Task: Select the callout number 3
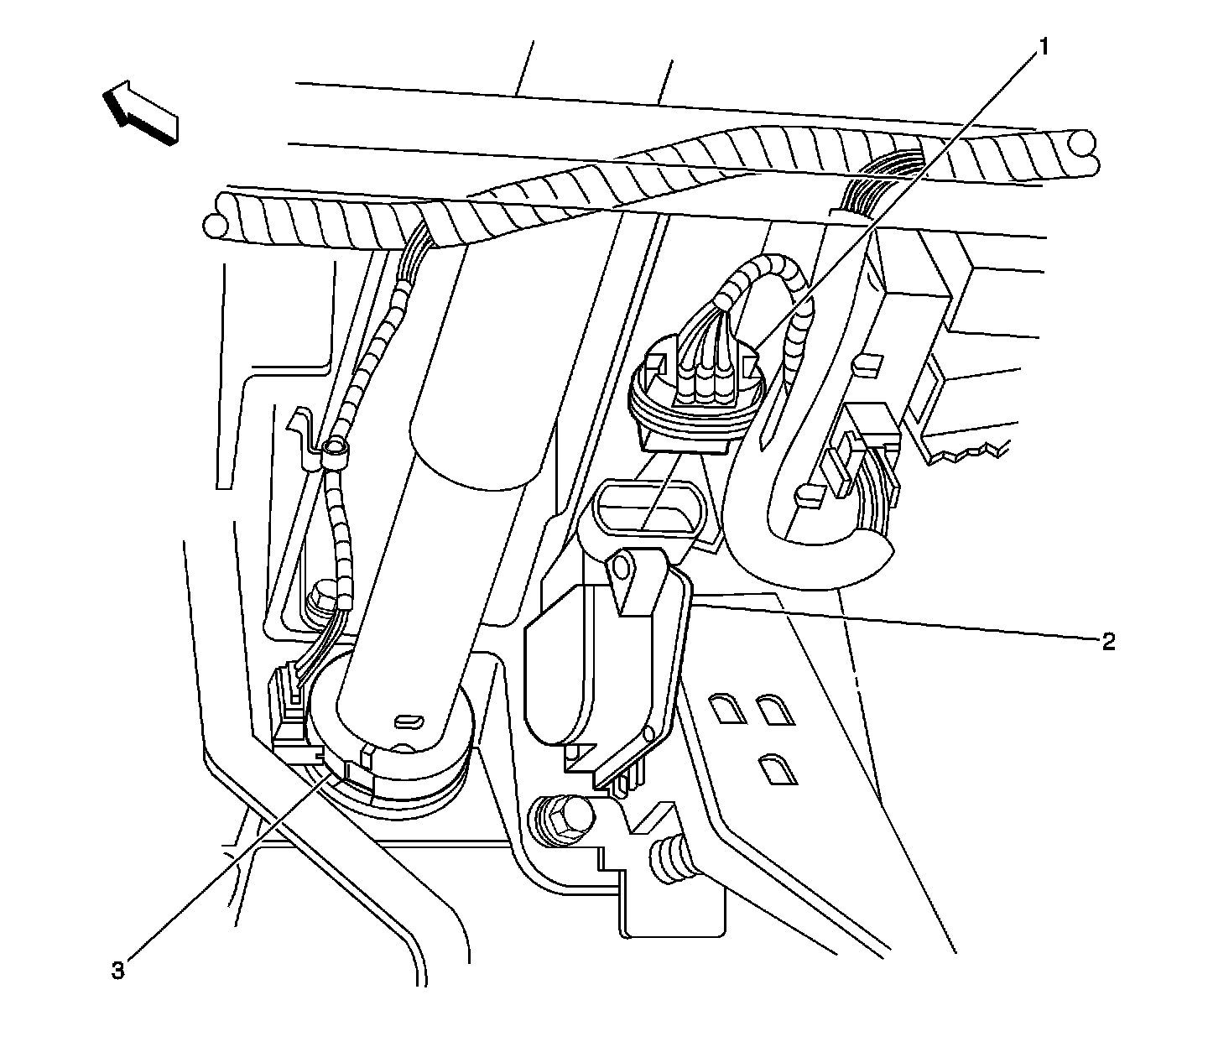click(x=118, y=970)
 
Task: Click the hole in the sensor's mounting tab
click(x=622, y=570)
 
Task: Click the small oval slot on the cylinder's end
click(x=409, y=720)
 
